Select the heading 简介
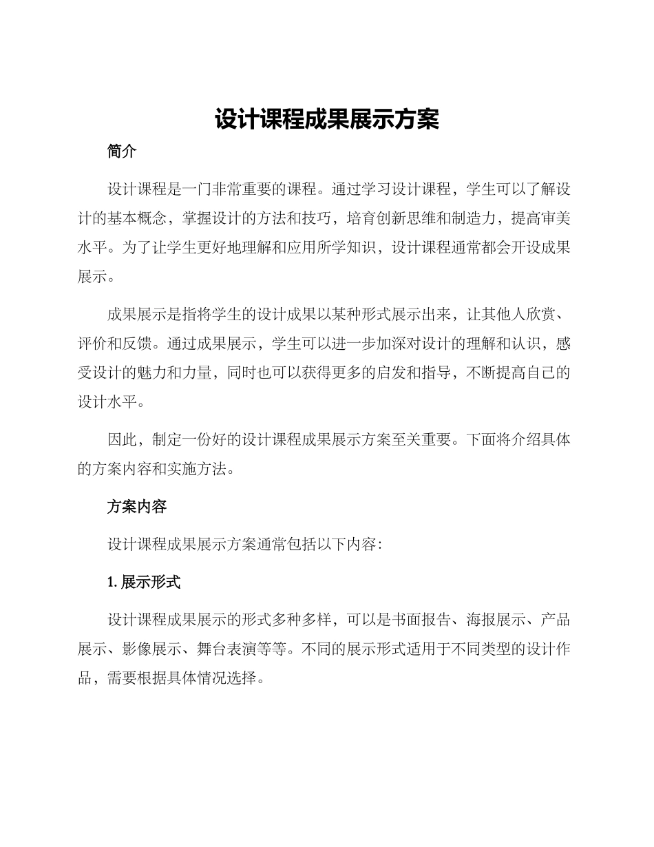pos(122,152)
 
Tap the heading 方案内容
pos(136,507)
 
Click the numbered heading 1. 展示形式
pos(143,582)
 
